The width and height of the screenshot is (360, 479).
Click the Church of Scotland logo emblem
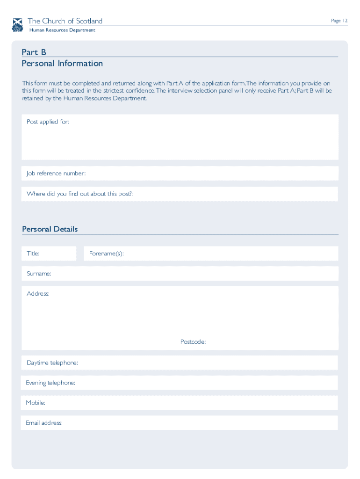click(18, 25)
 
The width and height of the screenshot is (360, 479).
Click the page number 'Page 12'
click(339, 21)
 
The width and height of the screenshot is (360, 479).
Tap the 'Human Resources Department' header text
click(62, 30)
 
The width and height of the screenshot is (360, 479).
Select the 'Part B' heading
click(34, 52)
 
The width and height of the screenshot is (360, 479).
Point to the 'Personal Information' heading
click(62, 63)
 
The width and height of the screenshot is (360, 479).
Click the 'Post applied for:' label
click(48, 122)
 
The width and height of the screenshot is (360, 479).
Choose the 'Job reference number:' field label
click(56, 174)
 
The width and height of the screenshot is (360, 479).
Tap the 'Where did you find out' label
click(79, 194)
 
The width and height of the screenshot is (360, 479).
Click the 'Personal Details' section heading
click(50, 229)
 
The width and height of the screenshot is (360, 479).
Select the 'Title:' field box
click(49, 254)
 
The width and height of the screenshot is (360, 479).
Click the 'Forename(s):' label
click(106, 254)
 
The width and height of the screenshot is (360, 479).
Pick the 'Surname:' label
click(39, 274)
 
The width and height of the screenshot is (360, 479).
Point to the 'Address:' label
click(38, 294)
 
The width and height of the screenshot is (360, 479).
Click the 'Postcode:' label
click(193, 342)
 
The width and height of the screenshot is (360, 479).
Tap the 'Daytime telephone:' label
click(52, 363)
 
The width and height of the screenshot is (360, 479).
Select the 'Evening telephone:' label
click(50, 383)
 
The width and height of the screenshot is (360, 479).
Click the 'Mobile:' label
click(36, 403)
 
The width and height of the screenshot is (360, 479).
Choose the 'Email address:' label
click(44, 423)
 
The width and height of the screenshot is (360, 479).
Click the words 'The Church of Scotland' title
click(65, 21)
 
